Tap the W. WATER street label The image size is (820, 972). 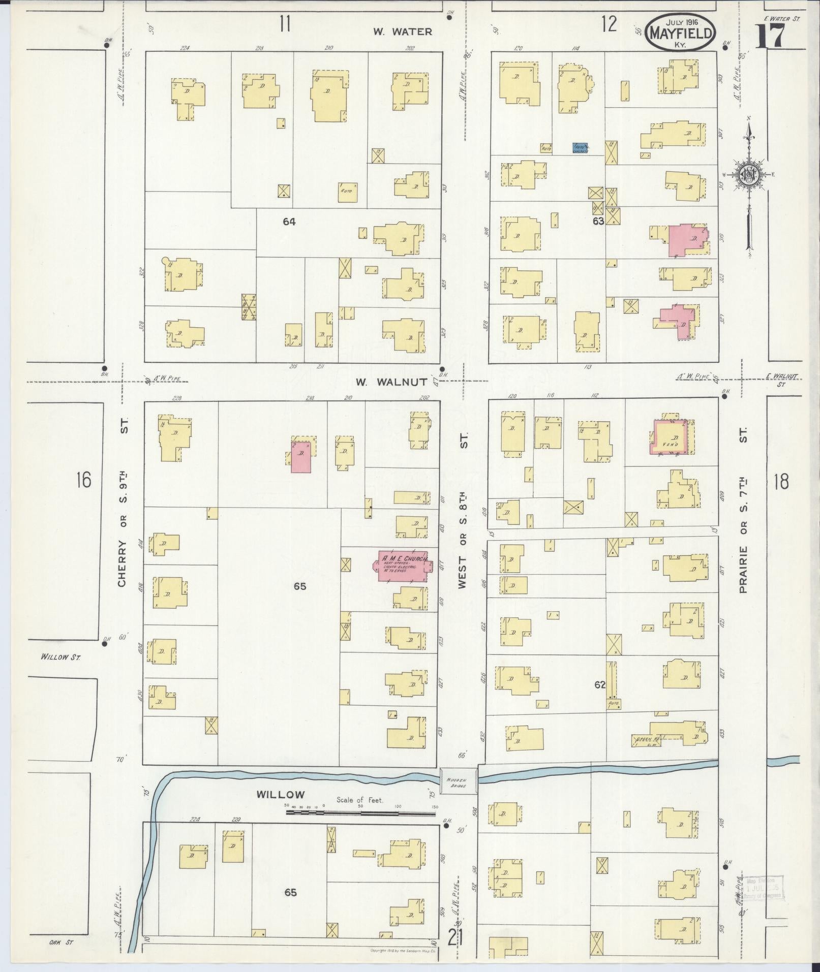click(x=403, y=32)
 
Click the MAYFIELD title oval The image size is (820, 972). click(x=680, y=33)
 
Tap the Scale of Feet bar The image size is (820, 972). click(x=360, y=812)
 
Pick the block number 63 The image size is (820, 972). click(x=598, y=222)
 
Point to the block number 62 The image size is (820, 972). click(x=600, y=684)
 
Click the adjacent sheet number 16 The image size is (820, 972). click(x=83, y=479)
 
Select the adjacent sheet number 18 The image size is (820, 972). click(x=781, y=481)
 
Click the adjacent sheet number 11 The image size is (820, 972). click(x=285, y=24)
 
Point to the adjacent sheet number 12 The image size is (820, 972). click(x=609, y=24)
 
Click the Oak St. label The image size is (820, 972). click(x=62, y=943)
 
